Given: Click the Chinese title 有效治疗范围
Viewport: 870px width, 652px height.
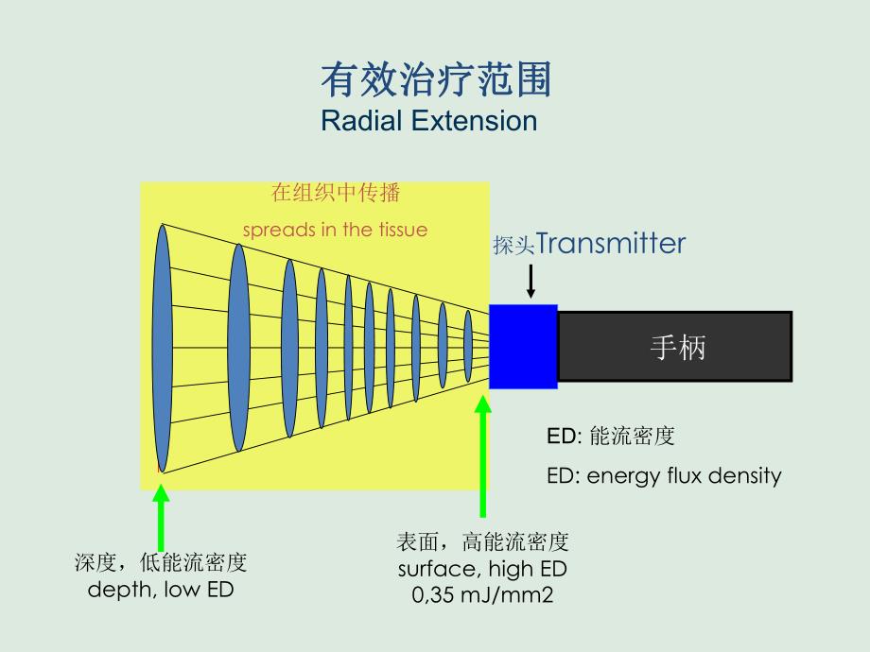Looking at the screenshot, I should pos(435,81).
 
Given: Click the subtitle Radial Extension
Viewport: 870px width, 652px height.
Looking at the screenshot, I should pos(428,121).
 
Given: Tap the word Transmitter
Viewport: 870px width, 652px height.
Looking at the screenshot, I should pos(611,244).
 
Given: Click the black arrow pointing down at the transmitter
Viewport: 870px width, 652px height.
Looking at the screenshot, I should pos(531,282).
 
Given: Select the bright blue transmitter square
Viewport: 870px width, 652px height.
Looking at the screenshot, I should pos(523,347).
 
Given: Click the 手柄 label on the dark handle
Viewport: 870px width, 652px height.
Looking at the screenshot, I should pos(677,348).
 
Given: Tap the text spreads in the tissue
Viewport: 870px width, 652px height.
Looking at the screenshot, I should pos(335,230).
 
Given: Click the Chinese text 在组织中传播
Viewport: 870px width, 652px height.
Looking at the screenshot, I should pos(336,194).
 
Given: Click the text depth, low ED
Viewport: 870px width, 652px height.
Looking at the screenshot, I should pos(161,590).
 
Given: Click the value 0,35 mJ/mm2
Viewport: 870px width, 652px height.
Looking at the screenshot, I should pos(482,595).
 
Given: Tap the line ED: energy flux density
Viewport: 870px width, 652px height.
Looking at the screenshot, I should pos(664,475).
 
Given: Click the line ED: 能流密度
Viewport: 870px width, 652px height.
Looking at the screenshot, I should pos(610,437).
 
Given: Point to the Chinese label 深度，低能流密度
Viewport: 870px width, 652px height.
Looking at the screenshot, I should pos(161,564).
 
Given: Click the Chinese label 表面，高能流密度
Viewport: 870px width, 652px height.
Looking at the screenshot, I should pos(482,542).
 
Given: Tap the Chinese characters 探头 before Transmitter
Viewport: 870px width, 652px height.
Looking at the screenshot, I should pos(513,246).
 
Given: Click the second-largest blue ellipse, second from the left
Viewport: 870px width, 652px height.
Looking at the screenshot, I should pos(238,348).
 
